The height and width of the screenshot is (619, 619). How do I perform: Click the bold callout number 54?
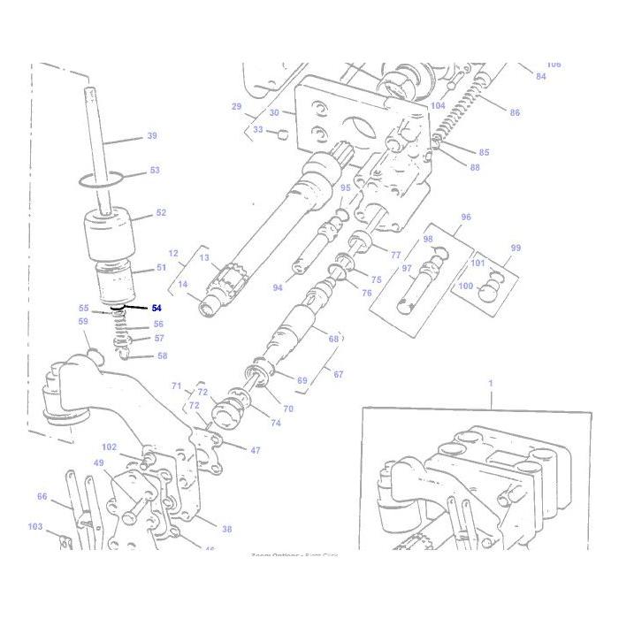(x=157, y=308)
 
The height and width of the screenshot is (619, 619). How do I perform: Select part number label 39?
(x=151, y=136)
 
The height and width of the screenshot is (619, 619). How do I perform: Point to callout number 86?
(x=515, y=112)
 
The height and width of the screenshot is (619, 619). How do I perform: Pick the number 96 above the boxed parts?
(x=466, y=217)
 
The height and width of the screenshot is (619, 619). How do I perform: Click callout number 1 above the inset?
(x=490, y=382)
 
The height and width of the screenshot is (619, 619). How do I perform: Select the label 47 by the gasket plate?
(x=255, y=450)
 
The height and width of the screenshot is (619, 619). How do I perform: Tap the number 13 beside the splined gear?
(x=203, y=258)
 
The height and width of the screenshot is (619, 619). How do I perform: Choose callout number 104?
(x=438, y=105)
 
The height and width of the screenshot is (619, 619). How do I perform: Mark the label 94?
(x=277, y=288)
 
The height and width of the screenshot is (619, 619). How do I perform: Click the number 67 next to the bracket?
(x=339, y=374)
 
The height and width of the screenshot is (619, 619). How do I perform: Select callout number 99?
(x=516, y=249)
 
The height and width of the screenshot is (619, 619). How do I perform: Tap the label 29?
(x=236, y=106)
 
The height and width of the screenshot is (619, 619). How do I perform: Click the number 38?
(x=226, y=529)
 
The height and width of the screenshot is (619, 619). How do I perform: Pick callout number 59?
(x=83, y=322)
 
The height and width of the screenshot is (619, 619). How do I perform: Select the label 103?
(x=35, y=527)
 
